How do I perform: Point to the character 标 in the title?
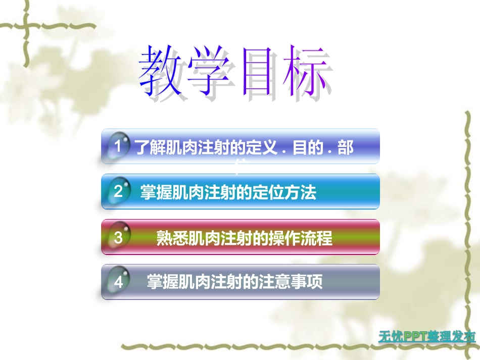pos(308,72)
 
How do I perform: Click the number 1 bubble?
pos(118,146)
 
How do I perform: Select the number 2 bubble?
pos(118,192)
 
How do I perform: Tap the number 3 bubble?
pos(118,237)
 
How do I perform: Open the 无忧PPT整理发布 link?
pos(427,336)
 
